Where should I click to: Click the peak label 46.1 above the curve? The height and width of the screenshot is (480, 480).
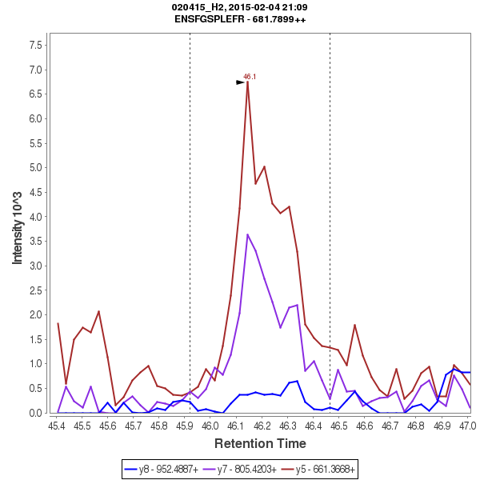[x=250, y=77]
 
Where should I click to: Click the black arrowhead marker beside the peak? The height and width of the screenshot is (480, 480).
[x=240, y=82]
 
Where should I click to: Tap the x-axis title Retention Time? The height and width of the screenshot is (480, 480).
[x=259, y=444]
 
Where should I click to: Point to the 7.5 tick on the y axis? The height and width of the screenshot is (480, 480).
[x=35, y=45]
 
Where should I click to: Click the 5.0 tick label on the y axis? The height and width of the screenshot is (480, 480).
[x=35, y=168]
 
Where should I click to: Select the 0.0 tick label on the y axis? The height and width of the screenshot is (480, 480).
[x=35, y=413]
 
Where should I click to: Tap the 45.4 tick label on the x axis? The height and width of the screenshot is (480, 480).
[x=57, y=426]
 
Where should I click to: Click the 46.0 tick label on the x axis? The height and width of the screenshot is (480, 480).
[x=210, y=426]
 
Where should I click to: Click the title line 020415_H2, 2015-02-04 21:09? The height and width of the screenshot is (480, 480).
[x=240, y=7]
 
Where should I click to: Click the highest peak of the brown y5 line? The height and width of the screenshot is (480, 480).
[x=248, y=82]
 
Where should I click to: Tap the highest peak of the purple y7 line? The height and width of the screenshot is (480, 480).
[x=248, y=234]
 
